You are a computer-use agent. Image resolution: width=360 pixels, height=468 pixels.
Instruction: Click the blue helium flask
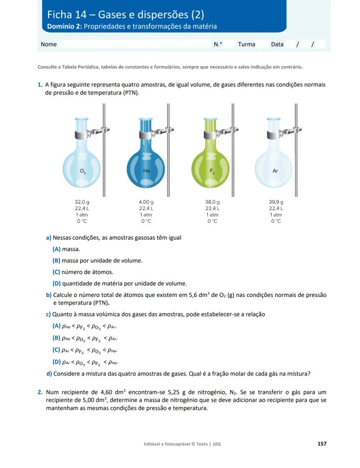click(x=146, y=165)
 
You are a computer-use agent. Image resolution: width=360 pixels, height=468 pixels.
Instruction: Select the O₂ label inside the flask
click(x=83, y=172)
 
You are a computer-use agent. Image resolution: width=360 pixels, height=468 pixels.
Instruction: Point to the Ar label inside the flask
click(x=275, y=171)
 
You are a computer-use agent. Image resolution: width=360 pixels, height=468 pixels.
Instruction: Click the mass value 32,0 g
click(x=82, y=202)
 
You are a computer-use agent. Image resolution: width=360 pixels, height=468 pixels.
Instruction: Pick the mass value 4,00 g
click(x=146, y=202)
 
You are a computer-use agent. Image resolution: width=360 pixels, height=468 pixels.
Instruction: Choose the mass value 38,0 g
click(x=212, y=202)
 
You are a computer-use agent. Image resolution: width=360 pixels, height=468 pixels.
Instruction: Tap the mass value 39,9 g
click(x=276, y=202)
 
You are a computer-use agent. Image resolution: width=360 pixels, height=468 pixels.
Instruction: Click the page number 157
click(x=322, y=444)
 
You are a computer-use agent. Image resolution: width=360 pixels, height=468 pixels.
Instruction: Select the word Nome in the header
click(x=49, y=44)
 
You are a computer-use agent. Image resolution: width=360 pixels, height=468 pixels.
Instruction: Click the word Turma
click(x=247, y=44)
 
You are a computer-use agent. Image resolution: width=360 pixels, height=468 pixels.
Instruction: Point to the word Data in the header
click(x=277, y=44)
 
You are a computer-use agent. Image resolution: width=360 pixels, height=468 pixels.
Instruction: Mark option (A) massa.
click(x=66, y=249)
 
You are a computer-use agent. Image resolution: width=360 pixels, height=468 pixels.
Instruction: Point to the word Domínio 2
click(x=64, y=27)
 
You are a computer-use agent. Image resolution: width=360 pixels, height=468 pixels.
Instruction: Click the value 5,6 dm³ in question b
click(x=200, y=295)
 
